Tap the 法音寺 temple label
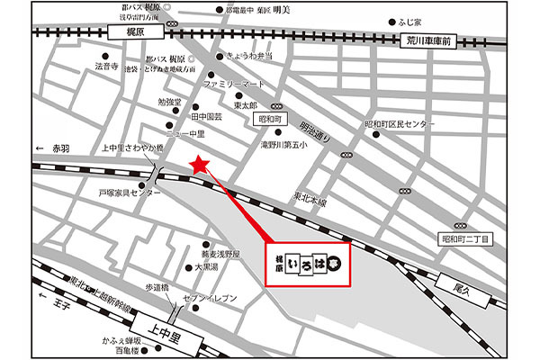tap(107, 67)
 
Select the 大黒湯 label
tap(206, 267)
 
